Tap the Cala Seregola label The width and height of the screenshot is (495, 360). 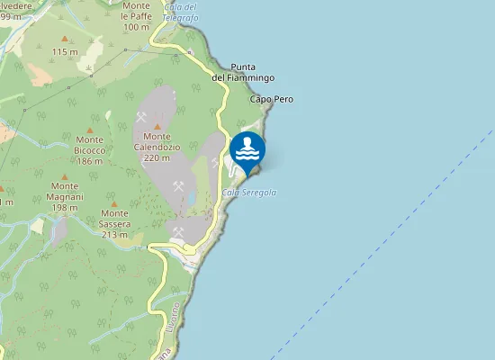point(248,193)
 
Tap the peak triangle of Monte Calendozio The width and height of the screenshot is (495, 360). point(157,127)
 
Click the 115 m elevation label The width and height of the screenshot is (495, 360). point(65,52)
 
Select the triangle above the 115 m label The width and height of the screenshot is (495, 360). point(64,39)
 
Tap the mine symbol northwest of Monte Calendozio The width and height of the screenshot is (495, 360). point(140,117)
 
